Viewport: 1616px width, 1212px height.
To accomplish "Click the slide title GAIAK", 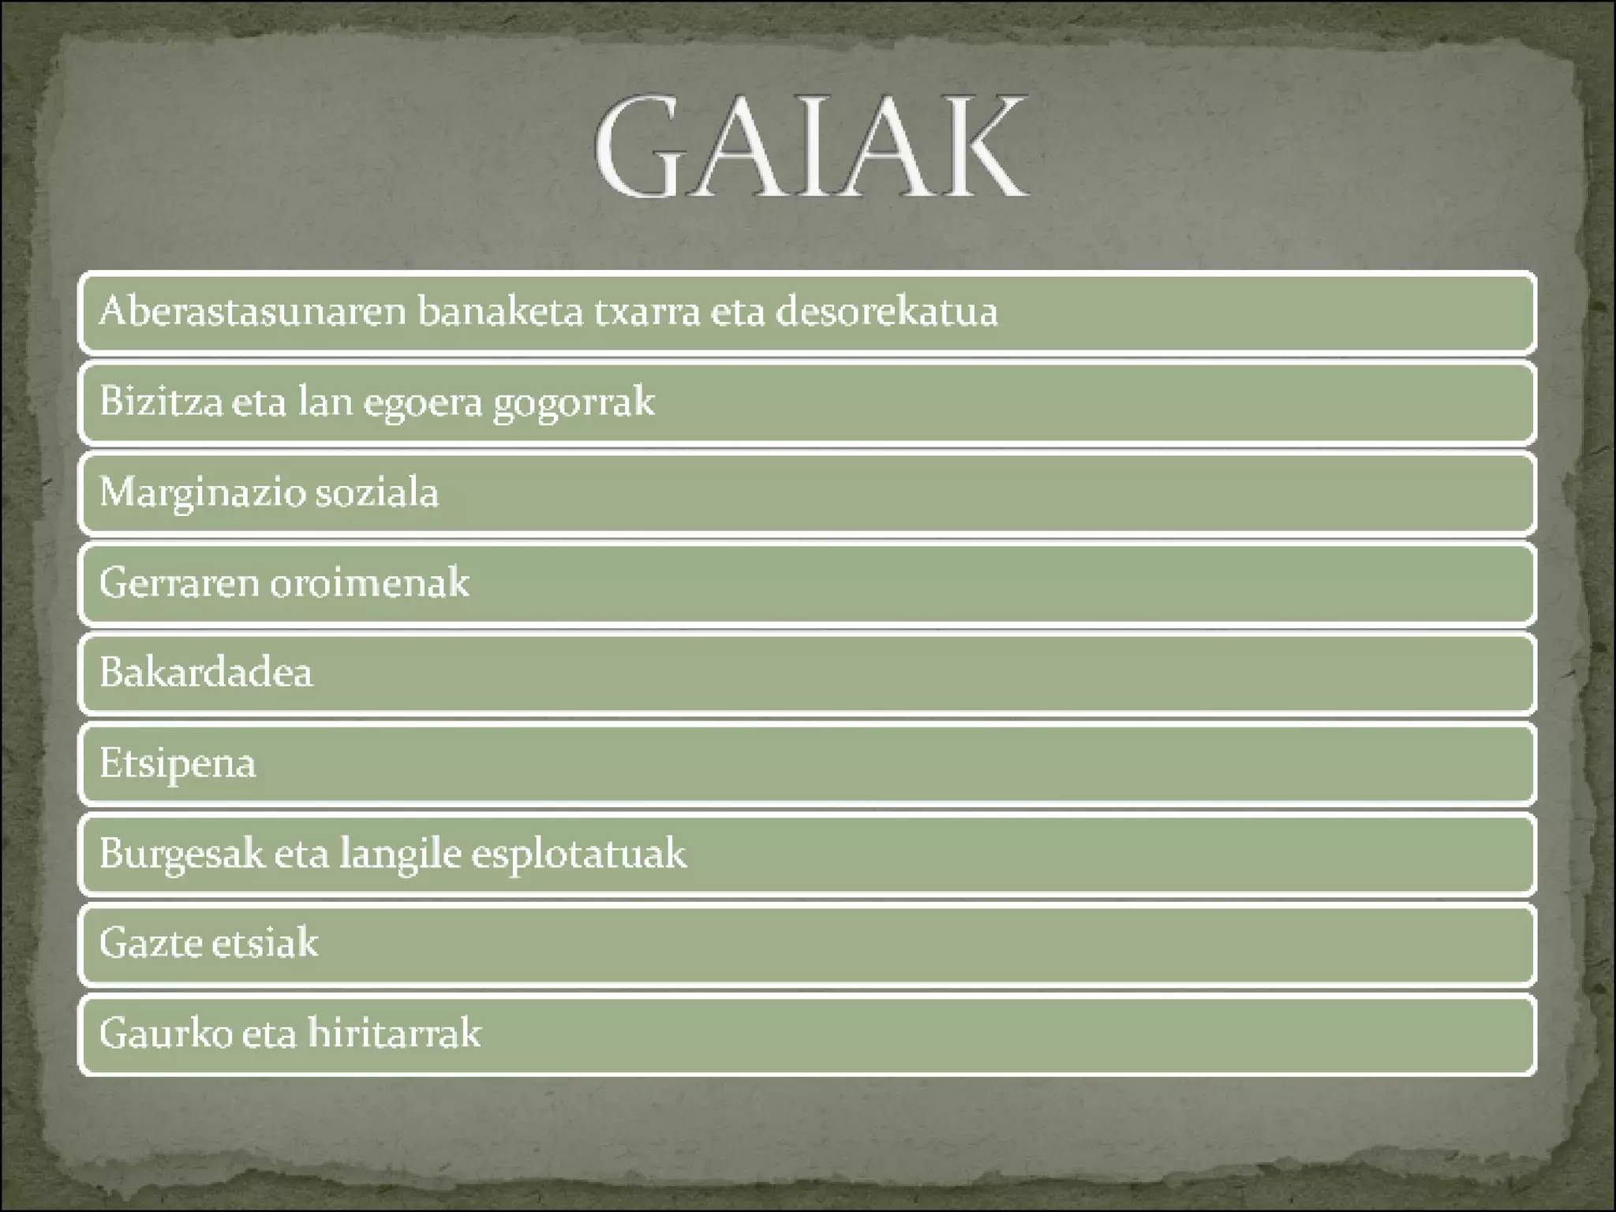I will (x=811, y=148).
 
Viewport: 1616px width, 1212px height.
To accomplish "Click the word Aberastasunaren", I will (x=252, y=311).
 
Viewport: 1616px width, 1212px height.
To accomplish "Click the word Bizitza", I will (x=161, y=402).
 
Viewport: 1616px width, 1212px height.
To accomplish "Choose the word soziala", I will (x=377, y=492).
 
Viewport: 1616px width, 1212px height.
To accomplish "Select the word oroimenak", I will (x=370, y=582).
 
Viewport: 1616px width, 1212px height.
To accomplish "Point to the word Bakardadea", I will (x=206, y=672).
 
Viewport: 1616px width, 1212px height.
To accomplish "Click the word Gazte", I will (x=148, y=943).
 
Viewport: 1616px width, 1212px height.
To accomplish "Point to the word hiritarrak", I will (x=394, y=1033).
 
